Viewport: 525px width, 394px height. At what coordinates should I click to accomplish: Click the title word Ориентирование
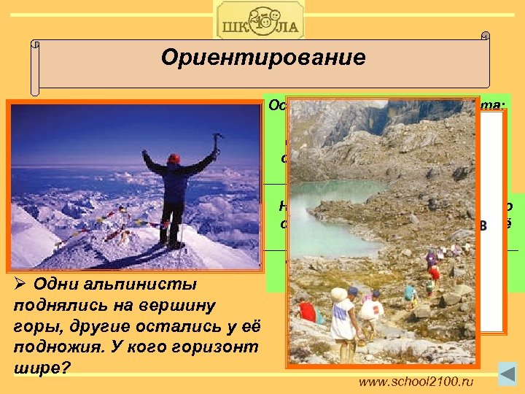[263, 58]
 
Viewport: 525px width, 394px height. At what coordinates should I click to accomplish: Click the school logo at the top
[260, 20]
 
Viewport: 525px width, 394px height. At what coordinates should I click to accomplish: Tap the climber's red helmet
[174, 158]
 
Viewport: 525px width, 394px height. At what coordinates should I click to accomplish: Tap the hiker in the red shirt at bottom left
[308, 312]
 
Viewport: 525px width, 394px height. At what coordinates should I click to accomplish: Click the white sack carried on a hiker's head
[338, 294]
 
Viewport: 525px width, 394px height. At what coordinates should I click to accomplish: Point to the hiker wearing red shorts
[435, 273]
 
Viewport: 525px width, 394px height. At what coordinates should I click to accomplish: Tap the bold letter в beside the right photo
[481, 225]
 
